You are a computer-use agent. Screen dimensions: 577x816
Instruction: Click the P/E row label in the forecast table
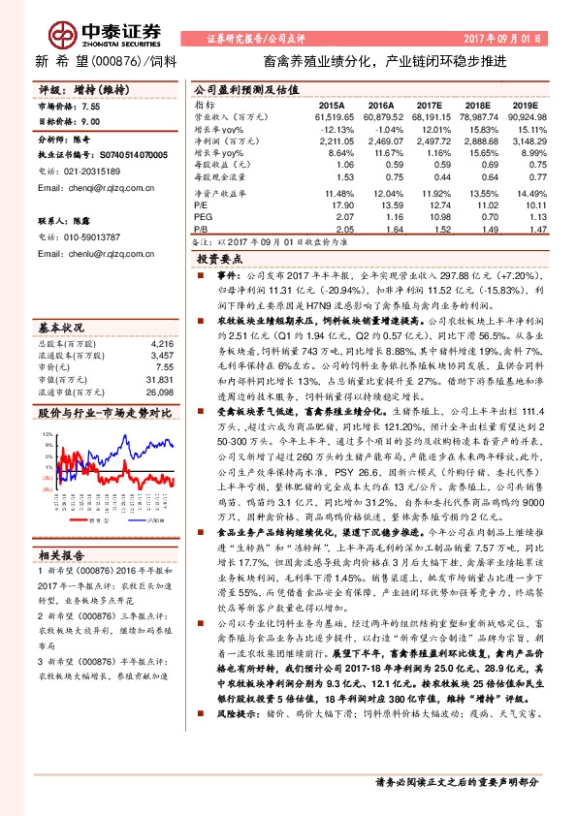click(x=201, y=204)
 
